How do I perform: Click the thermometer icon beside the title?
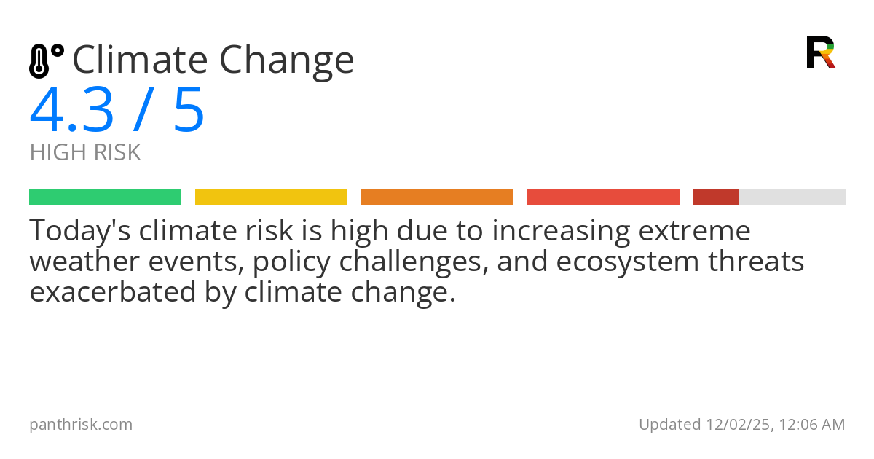pos(46,60)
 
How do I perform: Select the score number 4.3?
pos(71,110)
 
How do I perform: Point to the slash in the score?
pos(144,110)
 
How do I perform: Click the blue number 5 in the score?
pos(189,110)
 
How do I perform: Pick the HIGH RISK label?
pos(85,152)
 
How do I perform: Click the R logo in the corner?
pos(820,52)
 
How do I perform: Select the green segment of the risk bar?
pos(105,197)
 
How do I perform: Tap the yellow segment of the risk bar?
pos(271,197)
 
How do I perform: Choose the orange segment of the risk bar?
pos(437,197)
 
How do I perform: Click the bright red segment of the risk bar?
pos(603,197)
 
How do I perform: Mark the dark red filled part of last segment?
pos(716,197)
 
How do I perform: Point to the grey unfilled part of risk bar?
pos(792,197)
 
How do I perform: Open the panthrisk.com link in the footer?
pos(81,424)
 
